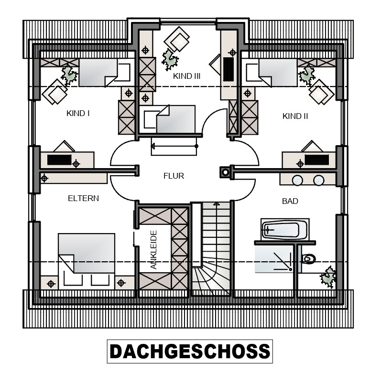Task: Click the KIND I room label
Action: (78, 114)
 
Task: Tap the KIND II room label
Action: (295, 117)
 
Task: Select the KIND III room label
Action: (186, 76)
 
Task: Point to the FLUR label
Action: (174, 176)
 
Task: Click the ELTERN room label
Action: (83, 198)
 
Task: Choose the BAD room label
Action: (290, 201)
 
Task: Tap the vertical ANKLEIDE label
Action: (154, 249)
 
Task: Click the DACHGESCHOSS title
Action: (190, 352)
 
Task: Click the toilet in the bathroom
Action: (309, 258)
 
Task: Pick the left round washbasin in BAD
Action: (297, 180)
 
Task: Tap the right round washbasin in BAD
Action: (318, 180)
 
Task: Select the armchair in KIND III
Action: (177, 39)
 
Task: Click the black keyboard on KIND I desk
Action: (59, 160)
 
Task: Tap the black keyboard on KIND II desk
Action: (317, 160)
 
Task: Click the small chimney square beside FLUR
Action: (225, 172)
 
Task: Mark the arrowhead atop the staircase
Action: (217, 203)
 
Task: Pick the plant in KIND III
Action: (170, 60)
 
